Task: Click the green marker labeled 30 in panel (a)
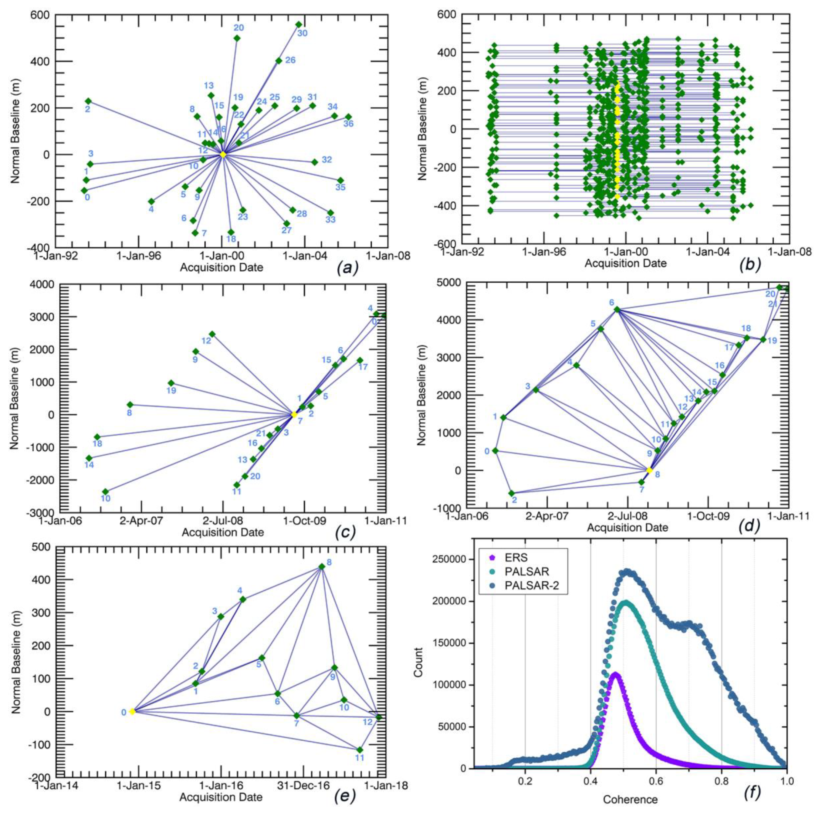[x=299, y=24]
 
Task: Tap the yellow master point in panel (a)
[x=223, y=154]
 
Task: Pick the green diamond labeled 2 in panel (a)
[x=88, y=101]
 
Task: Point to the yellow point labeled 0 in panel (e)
[x=132, y=711]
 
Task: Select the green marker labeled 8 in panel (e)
[x=321, y=567]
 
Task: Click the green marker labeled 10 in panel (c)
[x=105, y=492]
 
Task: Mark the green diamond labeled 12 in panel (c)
[x=212, y=334]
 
